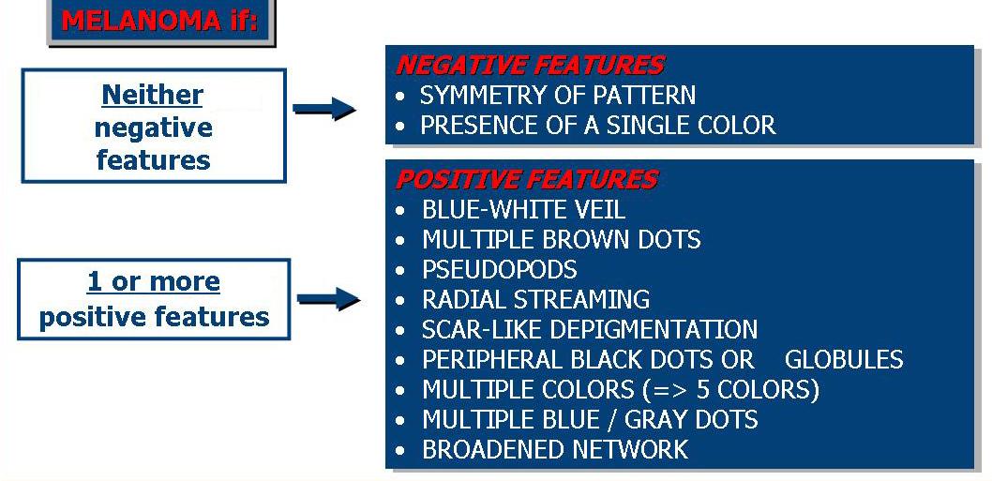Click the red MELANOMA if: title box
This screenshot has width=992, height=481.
pos(160,23)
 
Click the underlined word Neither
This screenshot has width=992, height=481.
pos(152,96)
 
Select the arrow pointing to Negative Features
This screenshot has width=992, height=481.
pos(324,109)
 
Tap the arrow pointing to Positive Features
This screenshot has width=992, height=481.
pos(328,299)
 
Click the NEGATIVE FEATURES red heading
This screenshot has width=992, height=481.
pos(530,66)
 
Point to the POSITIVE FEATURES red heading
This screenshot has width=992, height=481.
pos(526,180)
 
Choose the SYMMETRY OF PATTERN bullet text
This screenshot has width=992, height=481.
pos(558,96)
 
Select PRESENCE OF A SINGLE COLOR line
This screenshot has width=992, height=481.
pos(598,126)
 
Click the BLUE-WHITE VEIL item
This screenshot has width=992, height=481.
pos(524,209)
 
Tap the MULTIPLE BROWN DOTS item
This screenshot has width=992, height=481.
pos(562,239)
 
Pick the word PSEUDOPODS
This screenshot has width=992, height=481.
pos(500,270)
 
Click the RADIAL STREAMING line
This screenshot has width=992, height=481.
pos(536,299)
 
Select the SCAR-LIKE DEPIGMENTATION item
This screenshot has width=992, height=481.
pos(590,329)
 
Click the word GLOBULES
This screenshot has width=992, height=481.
pos(844,359)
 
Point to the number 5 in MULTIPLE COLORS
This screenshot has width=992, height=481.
pos(703,389)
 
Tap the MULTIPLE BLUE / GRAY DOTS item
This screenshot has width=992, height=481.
pos(591,419)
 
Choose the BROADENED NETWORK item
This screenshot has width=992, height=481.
pos(555,449)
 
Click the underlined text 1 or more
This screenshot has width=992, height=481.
pos(154,281)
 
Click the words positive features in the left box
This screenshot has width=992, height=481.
pos(155,316)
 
